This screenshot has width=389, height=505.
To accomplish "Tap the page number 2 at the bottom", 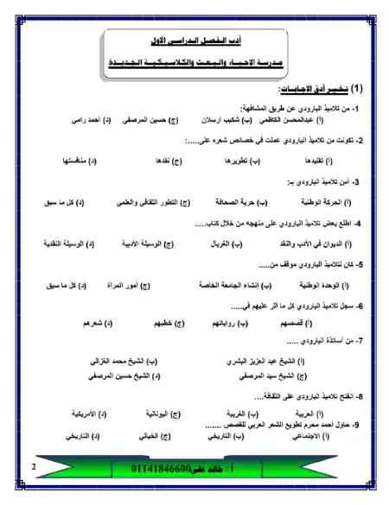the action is [x=33, y=467].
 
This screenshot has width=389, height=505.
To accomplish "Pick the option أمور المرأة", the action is [x=131, y=284].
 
